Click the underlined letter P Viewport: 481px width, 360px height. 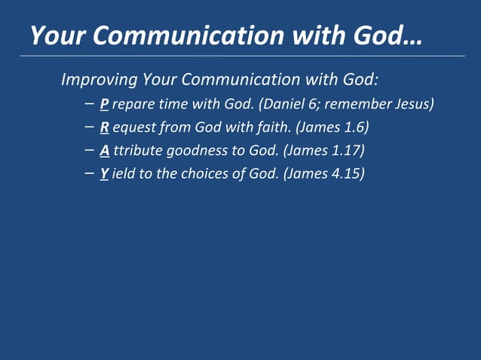pyautogui.click(x=104, y=104)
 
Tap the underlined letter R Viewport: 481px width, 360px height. pyautogui.click(x=104, y=127)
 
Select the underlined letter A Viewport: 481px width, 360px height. pyautogui.click(x=105, y=151)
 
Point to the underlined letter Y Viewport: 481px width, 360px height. pyautogui.click(x=104, y=174)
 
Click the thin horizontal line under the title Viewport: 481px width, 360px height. pyautogui.click(x=241, y=56)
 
